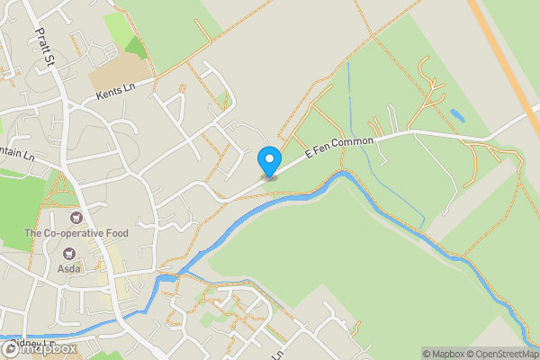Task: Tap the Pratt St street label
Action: tap(46, 46)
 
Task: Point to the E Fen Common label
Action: tap(351, 146)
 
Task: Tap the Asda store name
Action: tap(69, 268)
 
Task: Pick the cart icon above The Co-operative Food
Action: tap(76, 218)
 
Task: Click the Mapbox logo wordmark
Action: tap(40, 349)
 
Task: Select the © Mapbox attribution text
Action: tap(441, 354)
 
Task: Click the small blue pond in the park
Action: tap(456, 115)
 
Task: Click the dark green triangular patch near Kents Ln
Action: tap(135, 47)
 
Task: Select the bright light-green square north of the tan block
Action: tap(117, 26)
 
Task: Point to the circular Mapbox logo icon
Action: tap(10, 349)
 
